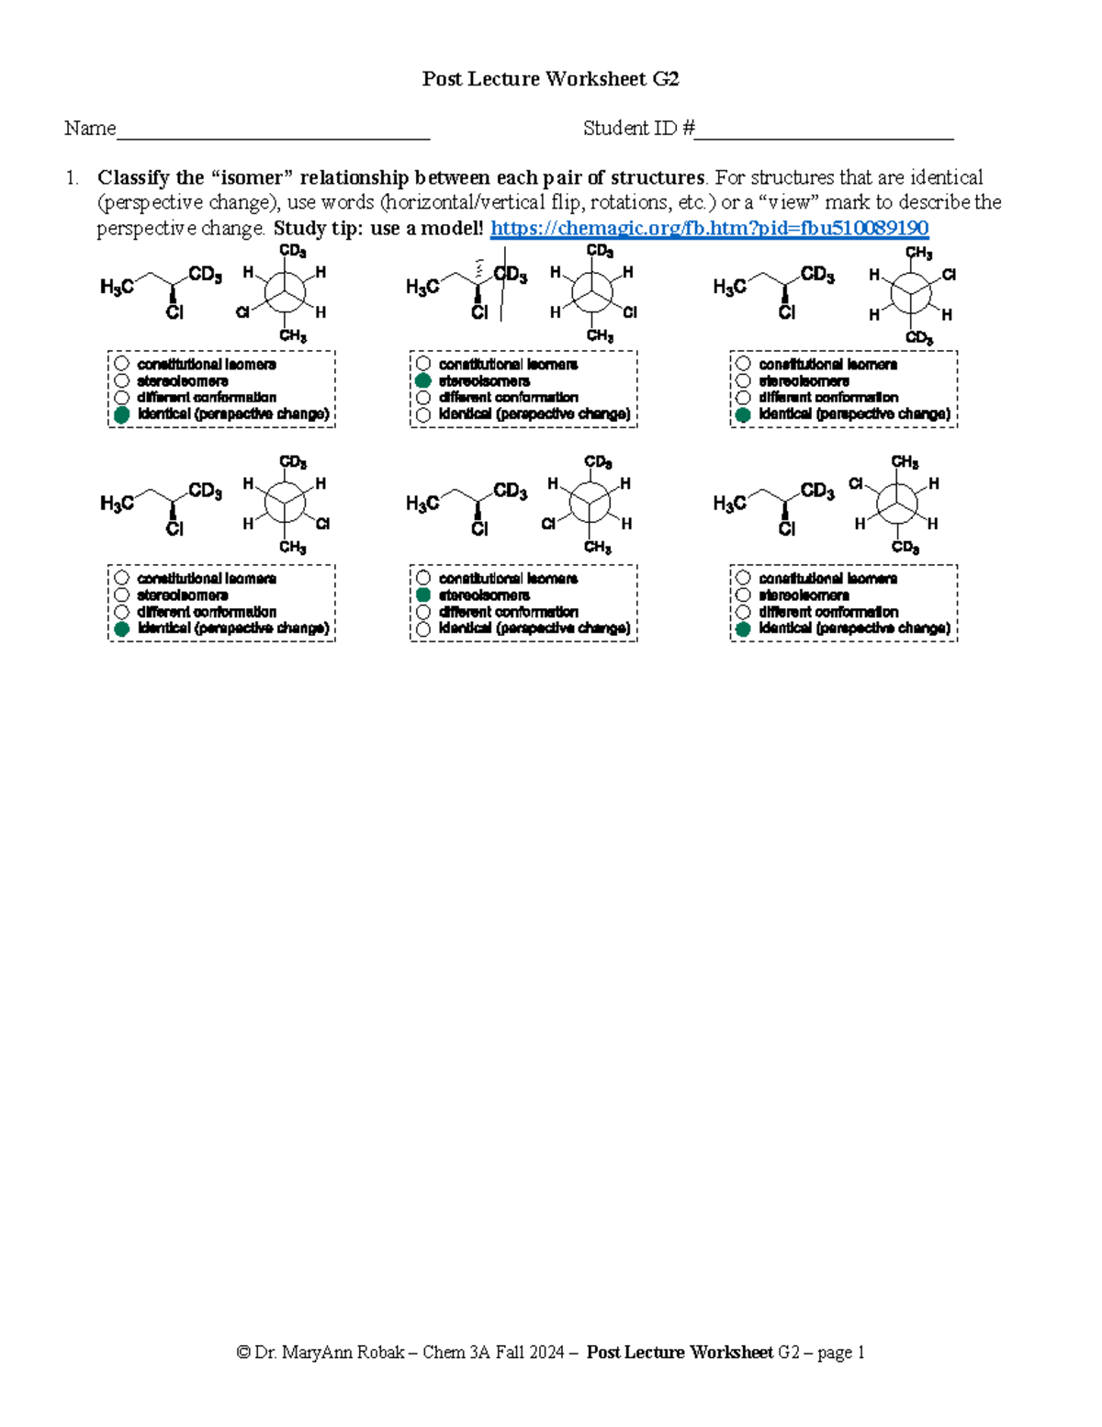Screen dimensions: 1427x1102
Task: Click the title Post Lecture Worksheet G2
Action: point(550,79)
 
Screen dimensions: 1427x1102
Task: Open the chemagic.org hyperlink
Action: point(709,228)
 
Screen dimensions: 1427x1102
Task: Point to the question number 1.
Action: point(71,177)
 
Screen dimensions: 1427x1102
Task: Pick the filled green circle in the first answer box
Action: point(121,414)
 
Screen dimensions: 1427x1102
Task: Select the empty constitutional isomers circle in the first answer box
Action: point(121,364)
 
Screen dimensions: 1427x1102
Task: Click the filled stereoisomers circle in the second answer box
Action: point(423,380)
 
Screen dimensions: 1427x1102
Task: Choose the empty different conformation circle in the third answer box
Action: point(743,398)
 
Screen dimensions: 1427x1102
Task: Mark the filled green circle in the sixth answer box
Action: point(743,629)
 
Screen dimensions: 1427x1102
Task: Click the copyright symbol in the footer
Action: point(243,1353)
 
